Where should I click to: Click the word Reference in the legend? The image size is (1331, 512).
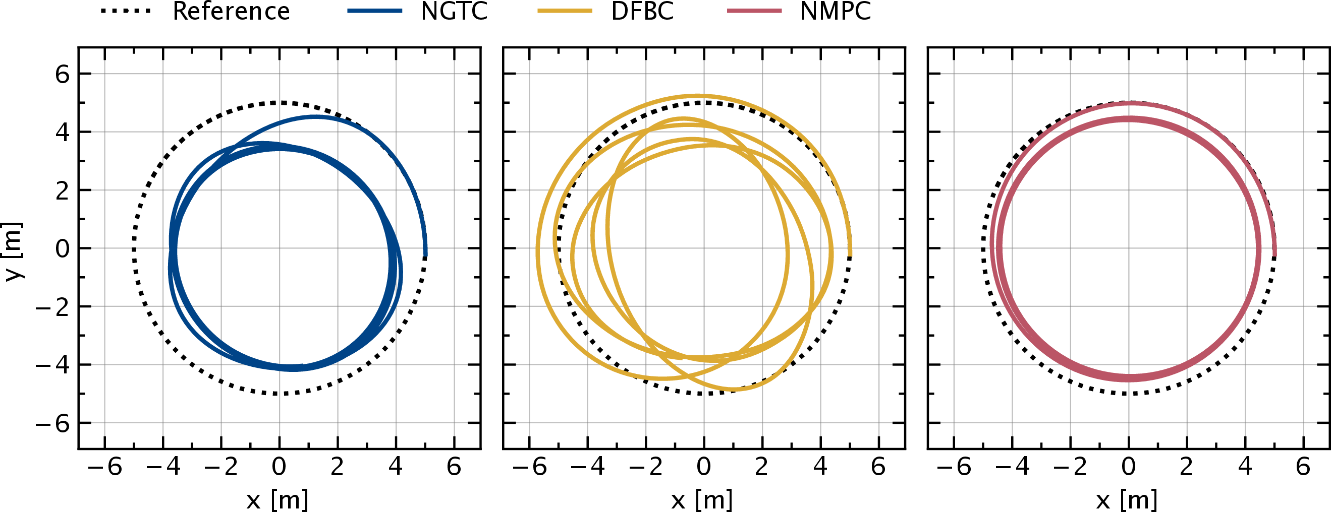tap(231, 12)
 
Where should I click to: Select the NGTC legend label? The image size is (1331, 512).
tap(454, 12)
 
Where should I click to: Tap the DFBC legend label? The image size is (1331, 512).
tap(642, 12)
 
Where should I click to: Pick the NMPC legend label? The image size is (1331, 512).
tap(836, 12)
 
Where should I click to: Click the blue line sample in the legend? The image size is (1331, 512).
tap(374, 11)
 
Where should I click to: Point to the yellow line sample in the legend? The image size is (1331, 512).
tap(564, 11)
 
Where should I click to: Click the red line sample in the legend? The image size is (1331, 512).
tap(754, 11)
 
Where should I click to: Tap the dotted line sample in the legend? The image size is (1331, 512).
tap(126, 11)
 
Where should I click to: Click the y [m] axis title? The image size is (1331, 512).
tap(14, 251)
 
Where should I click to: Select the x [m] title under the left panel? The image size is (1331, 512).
tap(278, 500)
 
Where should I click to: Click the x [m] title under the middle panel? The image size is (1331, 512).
tap(702, 500)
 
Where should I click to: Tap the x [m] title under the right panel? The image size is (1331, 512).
tap(1126, 500)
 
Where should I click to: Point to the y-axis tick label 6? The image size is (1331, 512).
tap(62, 74)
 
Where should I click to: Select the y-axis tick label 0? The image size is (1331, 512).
tap(62, 249)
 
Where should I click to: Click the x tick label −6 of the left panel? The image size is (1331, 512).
tap(105, 467)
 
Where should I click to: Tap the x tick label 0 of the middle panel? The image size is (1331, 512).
tap(703, 467)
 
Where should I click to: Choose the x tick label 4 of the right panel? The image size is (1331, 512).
tap(1245, 467)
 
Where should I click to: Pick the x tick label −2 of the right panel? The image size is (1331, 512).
tap(1070, 467)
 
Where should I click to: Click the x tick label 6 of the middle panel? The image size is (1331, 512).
tap(878, 467)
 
